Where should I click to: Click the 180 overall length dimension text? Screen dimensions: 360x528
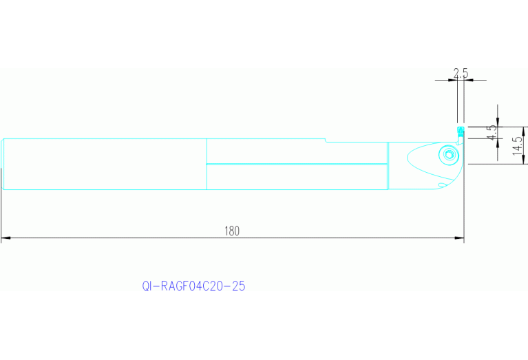[x=231, y=231]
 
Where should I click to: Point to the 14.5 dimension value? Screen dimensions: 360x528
[x=517, y=145]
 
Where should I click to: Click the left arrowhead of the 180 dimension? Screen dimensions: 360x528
[x=6, y=239]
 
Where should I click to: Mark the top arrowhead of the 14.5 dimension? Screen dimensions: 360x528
[x=525, y=130]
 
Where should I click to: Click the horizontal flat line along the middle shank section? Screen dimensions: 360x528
[x=296, y=164]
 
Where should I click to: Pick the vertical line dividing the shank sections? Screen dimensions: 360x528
[x=207, y=164]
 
